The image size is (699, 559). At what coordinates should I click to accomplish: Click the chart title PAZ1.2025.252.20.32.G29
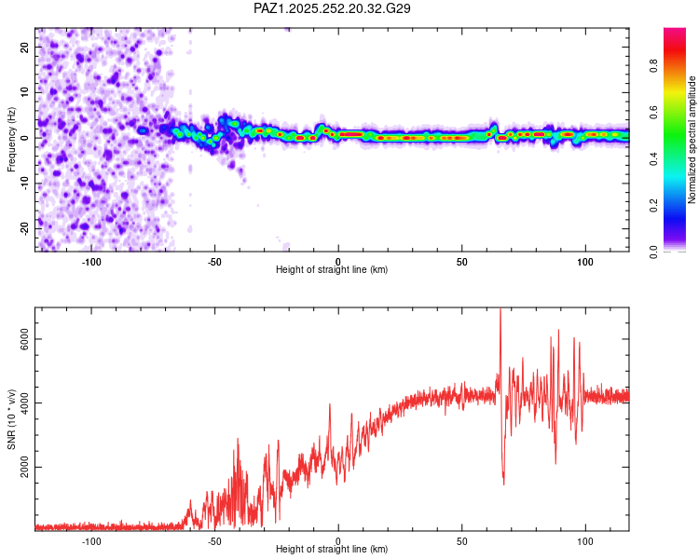point(333,8)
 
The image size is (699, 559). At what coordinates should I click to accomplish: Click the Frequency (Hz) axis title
point(11,140)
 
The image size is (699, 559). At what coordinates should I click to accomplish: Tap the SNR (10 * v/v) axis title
point(11,419)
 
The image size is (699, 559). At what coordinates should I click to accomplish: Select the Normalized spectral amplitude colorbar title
point(692,140)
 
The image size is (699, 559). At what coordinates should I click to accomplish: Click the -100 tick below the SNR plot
point(91,540)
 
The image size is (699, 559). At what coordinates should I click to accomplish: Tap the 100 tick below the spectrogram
point(585,261)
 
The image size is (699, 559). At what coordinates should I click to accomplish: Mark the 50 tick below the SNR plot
point(462,540)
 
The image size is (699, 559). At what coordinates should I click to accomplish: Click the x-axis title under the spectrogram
point(332,269)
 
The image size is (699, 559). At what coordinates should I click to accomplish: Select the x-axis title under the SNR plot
point(332,549)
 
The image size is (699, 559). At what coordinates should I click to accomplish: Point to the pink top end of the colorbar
point(675,33)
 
